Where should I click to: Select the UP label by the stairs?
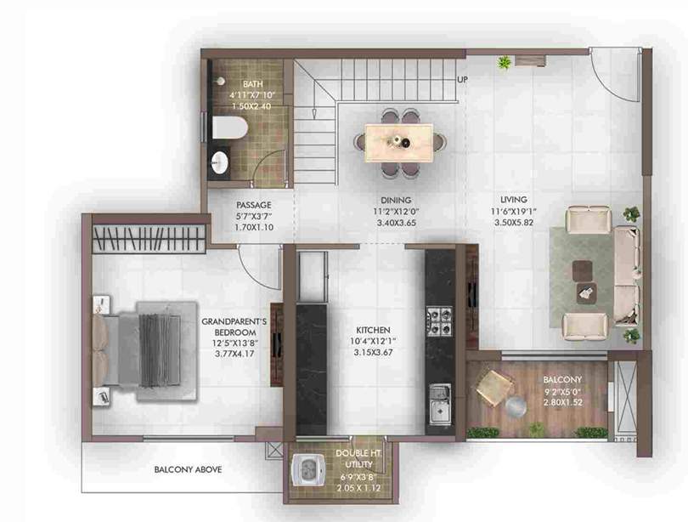tap(462, 81)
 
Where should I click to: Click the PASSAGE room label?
tap(254, 205)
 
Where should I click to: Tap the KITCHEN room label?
tap(373, 329)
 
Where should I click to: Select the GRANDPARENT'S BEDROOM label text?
tap(234, 327)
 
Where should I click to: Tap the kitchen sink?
tap(439, 402)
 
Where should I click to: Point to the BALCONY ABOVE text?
tap(189, 469)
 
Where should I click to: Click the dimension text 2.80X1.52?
tap(562, 403)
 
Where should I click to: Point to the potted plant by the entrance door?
tap(505, 62)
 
